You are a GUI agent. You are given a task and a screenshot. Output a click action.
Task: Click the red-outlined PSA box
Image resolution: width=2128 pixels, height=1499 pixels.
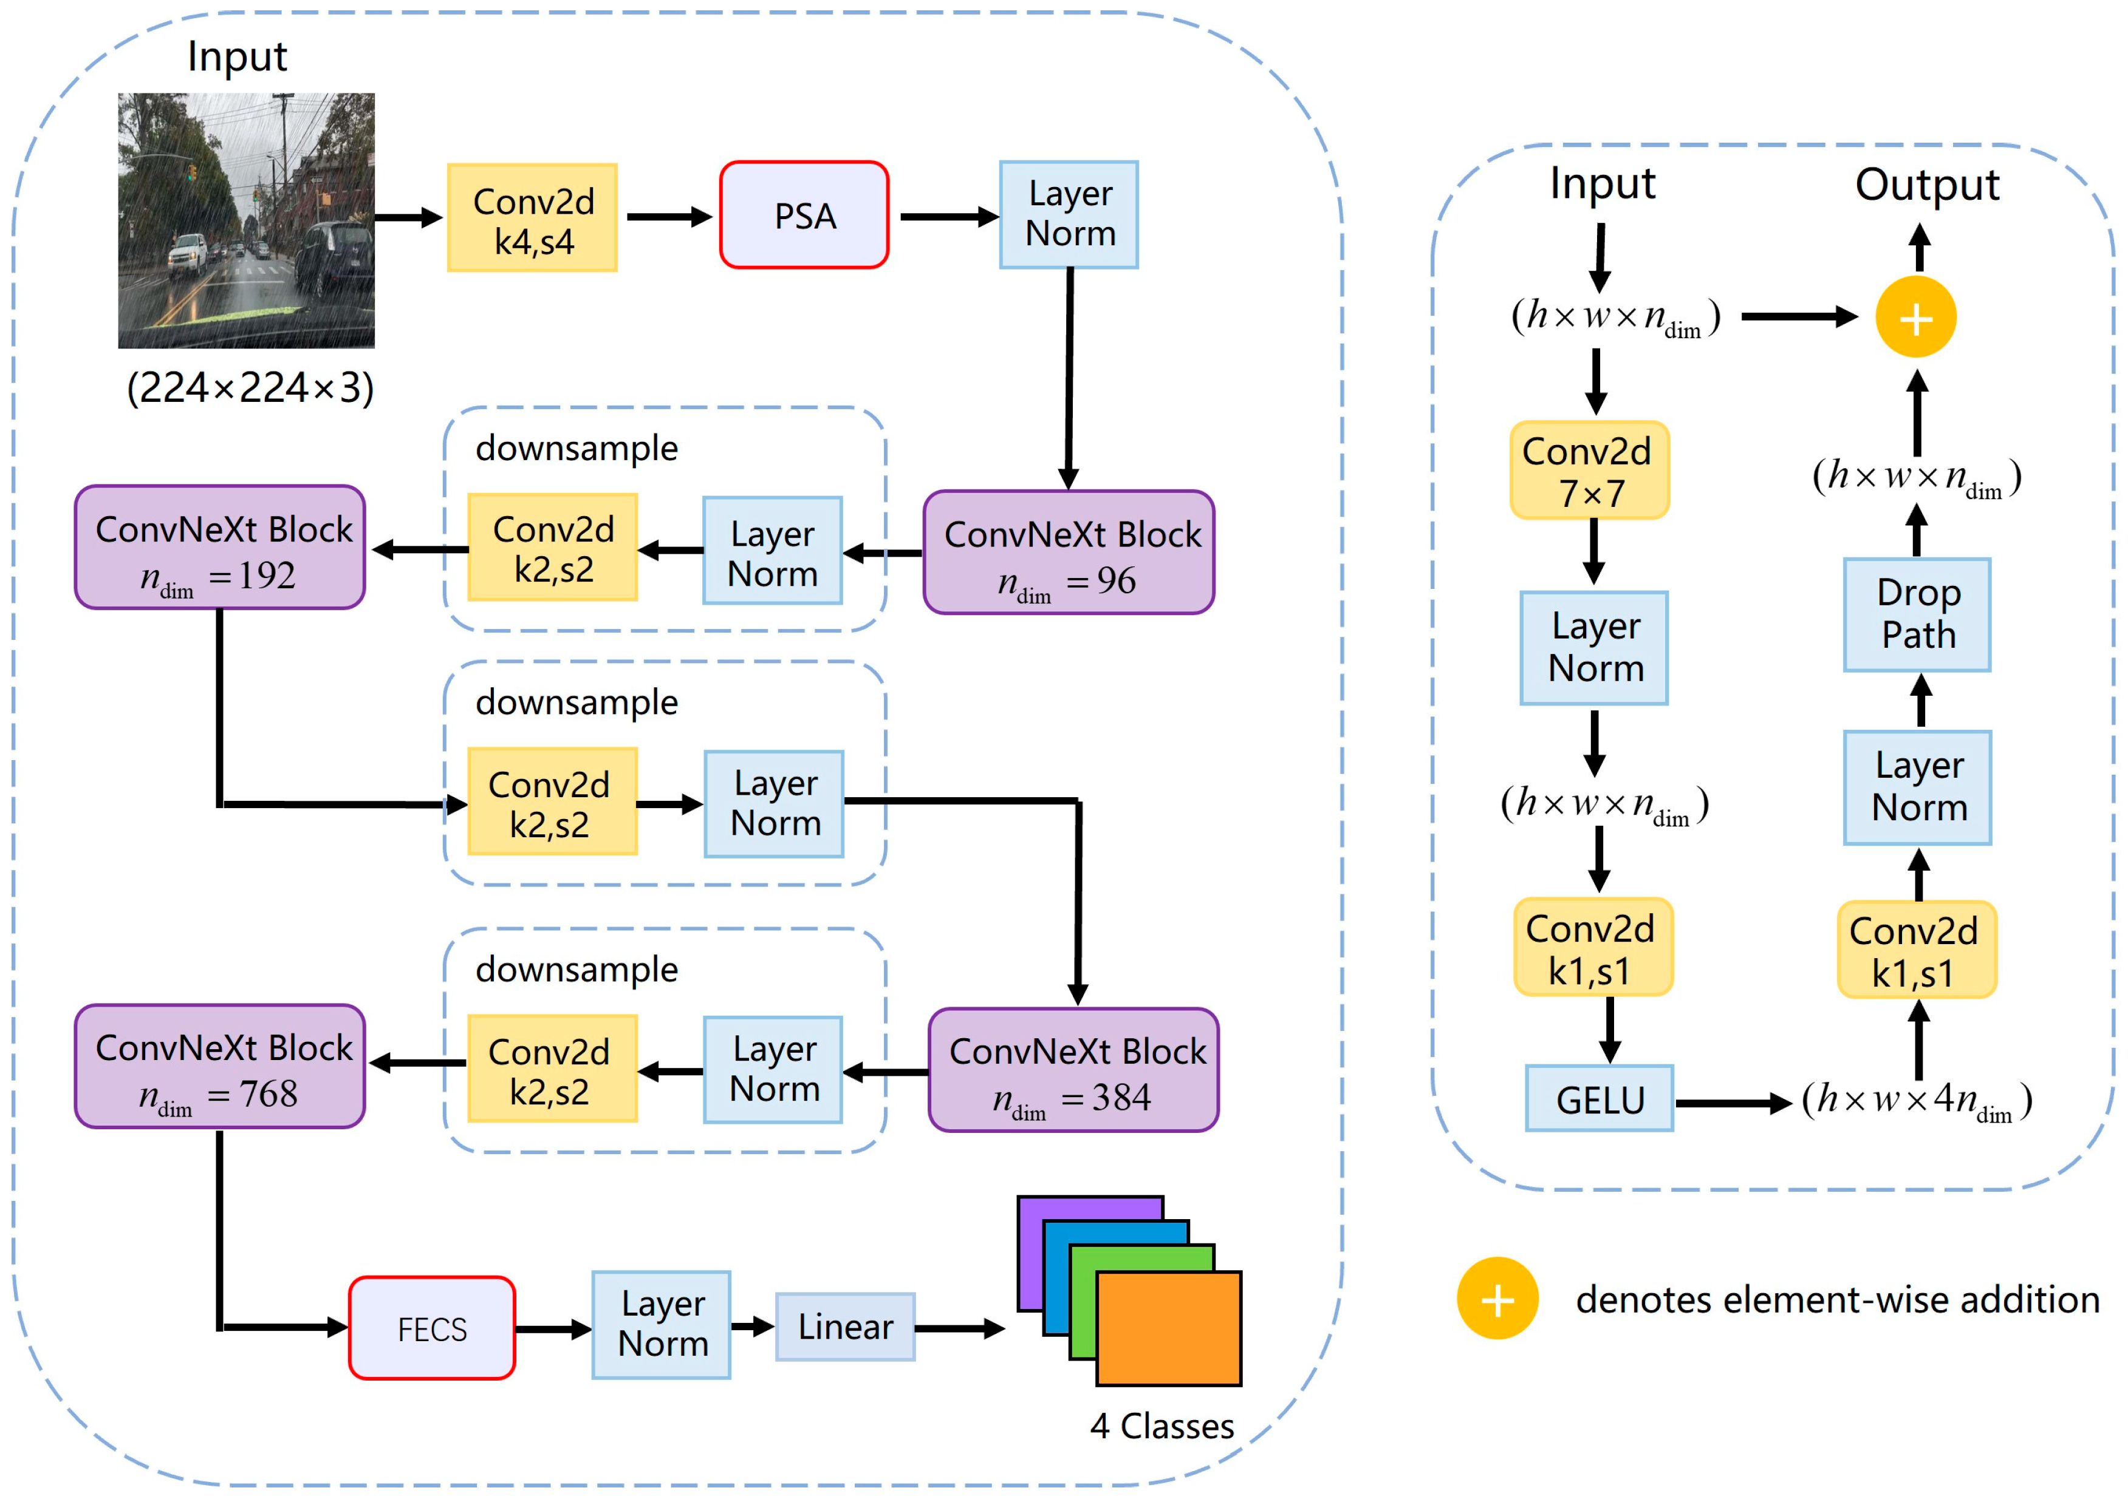coord(804,215)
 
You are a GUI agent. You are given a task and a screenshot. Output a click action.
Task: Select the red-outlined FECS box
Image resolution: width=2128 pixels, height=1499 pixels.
coord(432,1328)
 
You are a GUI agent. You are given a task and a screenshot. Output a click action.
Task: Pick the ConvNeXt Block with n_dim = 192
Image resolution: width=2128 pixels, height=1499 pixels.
coord(220,548)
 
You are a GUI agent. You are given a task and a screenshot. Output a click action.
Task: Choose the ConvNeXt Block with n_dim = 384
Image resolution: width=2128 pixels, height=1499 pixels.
coord(1073,1070)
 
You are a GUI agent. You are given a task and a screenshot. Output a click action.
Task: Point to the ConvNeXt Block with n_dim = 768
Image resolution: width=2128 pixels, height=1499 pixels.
coord(220,1066)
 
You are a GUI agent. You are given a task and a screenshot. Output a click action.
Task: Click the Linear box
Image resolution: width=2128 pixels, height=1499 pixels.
coord(844,1327)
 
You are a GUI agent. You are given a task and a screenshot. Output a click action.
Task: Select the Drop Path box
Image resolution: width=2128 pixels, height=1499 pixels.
coord(1917,614)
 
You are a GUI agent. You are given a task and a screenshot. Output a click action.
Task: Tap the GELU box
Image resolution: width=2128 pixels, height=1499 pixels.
coord(1599,1099)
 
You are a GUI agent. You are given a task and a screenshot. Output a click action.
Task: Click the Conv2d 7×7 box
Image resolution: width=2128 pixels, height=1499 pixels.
coord(1589,471)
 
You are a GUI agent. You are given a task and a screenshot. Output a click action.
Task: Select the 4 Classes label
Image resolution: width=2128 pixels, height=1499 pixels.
coord(1162,1426)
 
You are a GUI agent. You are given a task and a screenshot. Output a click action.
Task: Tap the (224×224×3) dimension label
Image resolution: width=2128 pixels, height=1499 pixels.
coord(250,387)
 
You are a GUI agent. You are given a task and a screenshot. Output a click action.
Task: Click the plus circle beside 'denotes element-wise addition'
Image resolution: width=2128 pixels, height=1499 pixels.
coord(1497,1299)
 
